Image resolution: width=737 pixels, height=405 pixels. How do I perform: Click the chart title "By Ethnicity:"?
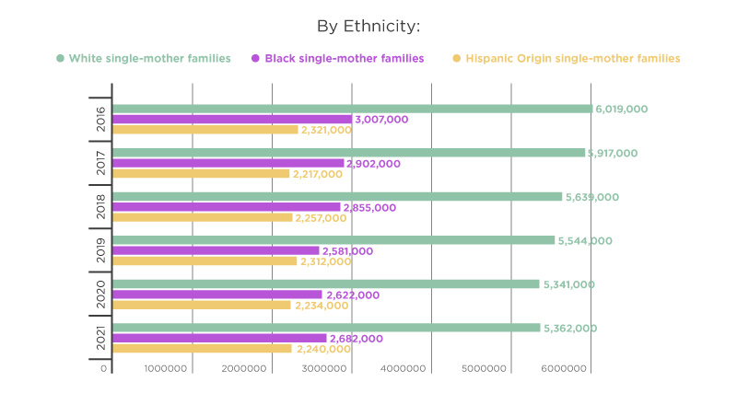point(368,27)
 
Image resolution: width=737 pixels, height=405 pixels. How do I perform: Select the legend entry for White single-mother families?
point(144,58)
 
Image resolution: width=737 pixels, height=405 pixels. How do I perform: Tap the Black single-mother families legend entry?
point(337,58)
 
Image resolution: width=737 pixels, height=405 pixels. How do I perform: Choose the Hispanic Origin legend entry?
point(567,58)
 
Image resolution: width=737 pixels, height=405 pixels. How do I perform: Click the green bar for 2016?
point(353,109)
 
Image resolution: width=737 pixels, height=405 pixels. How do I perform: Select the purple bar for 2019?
point(216,251)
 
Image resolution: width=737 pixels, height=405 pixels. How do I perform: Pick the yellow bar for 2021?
point(202,349)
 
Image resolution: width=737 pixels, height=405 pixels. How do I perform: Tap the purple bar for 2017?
point(228,164)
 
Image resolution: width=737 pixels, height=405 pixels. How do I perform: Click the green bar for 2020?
point(326,284)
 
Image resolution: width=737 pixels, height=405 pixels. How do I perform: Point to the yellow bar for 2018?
point(203,217)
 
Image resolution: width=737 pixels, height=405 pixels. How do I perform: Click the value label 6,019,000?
point(621,109)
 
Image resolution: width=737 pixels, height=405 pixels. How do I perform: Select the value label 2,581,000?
point(347,251)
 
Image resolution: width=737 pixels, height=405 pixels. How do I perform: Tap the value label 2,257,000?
point(321,218)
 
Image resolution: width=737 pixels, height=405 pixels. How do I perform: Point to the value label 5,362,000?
point(570,329)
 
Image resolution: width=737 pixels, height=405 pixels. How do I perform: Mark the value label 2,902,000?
point(374,164)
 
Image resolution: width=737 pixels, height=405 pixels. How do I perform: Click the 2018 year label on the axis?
point(100,207)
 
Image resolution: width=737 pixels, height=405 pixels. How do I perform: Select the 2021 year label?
point(100,339)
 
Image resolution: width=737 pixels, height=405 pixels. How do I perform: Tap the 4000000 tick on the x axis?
point(404,369)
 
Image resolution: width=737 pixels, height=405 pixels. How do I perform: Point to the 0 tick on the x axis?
point(104,369)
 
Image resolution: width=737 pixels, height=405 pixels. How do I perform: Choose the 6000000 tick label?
point(564,369)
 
